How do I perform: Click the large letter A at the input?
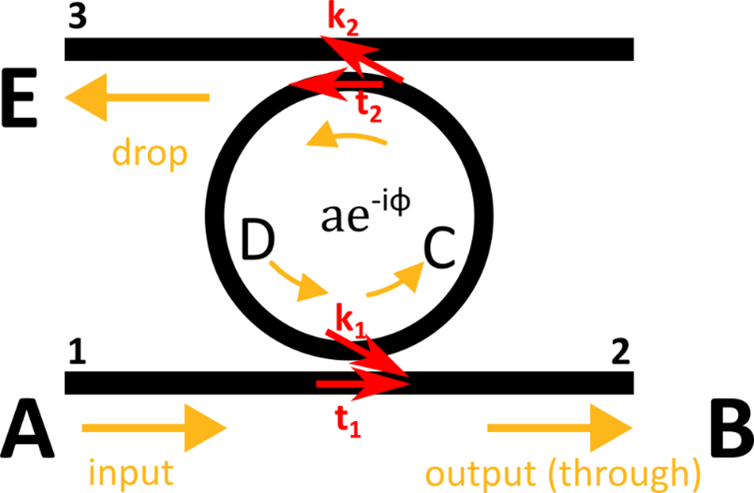[x=27, y=428]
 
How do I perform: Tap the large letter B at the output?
[x=731, y=428]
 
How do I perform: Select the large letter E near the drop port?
[x=20, y=97]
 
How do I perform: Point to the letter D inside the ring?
[x=258, y=239]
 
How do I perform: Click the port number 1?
[x=77, y=352]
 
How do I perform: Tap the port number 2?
[x=621, y=352]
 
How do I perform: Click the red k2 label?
[x=343, y=22]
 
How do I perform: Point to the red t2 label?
[x=369, y=109]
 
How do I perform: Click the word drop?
[x=150, y=153]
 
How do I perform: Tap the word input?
[x=131, y=472]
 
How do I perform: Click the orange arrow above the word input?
[x=155, y=428]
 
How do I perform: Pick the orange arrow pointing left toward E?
[x=137, y=97]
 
